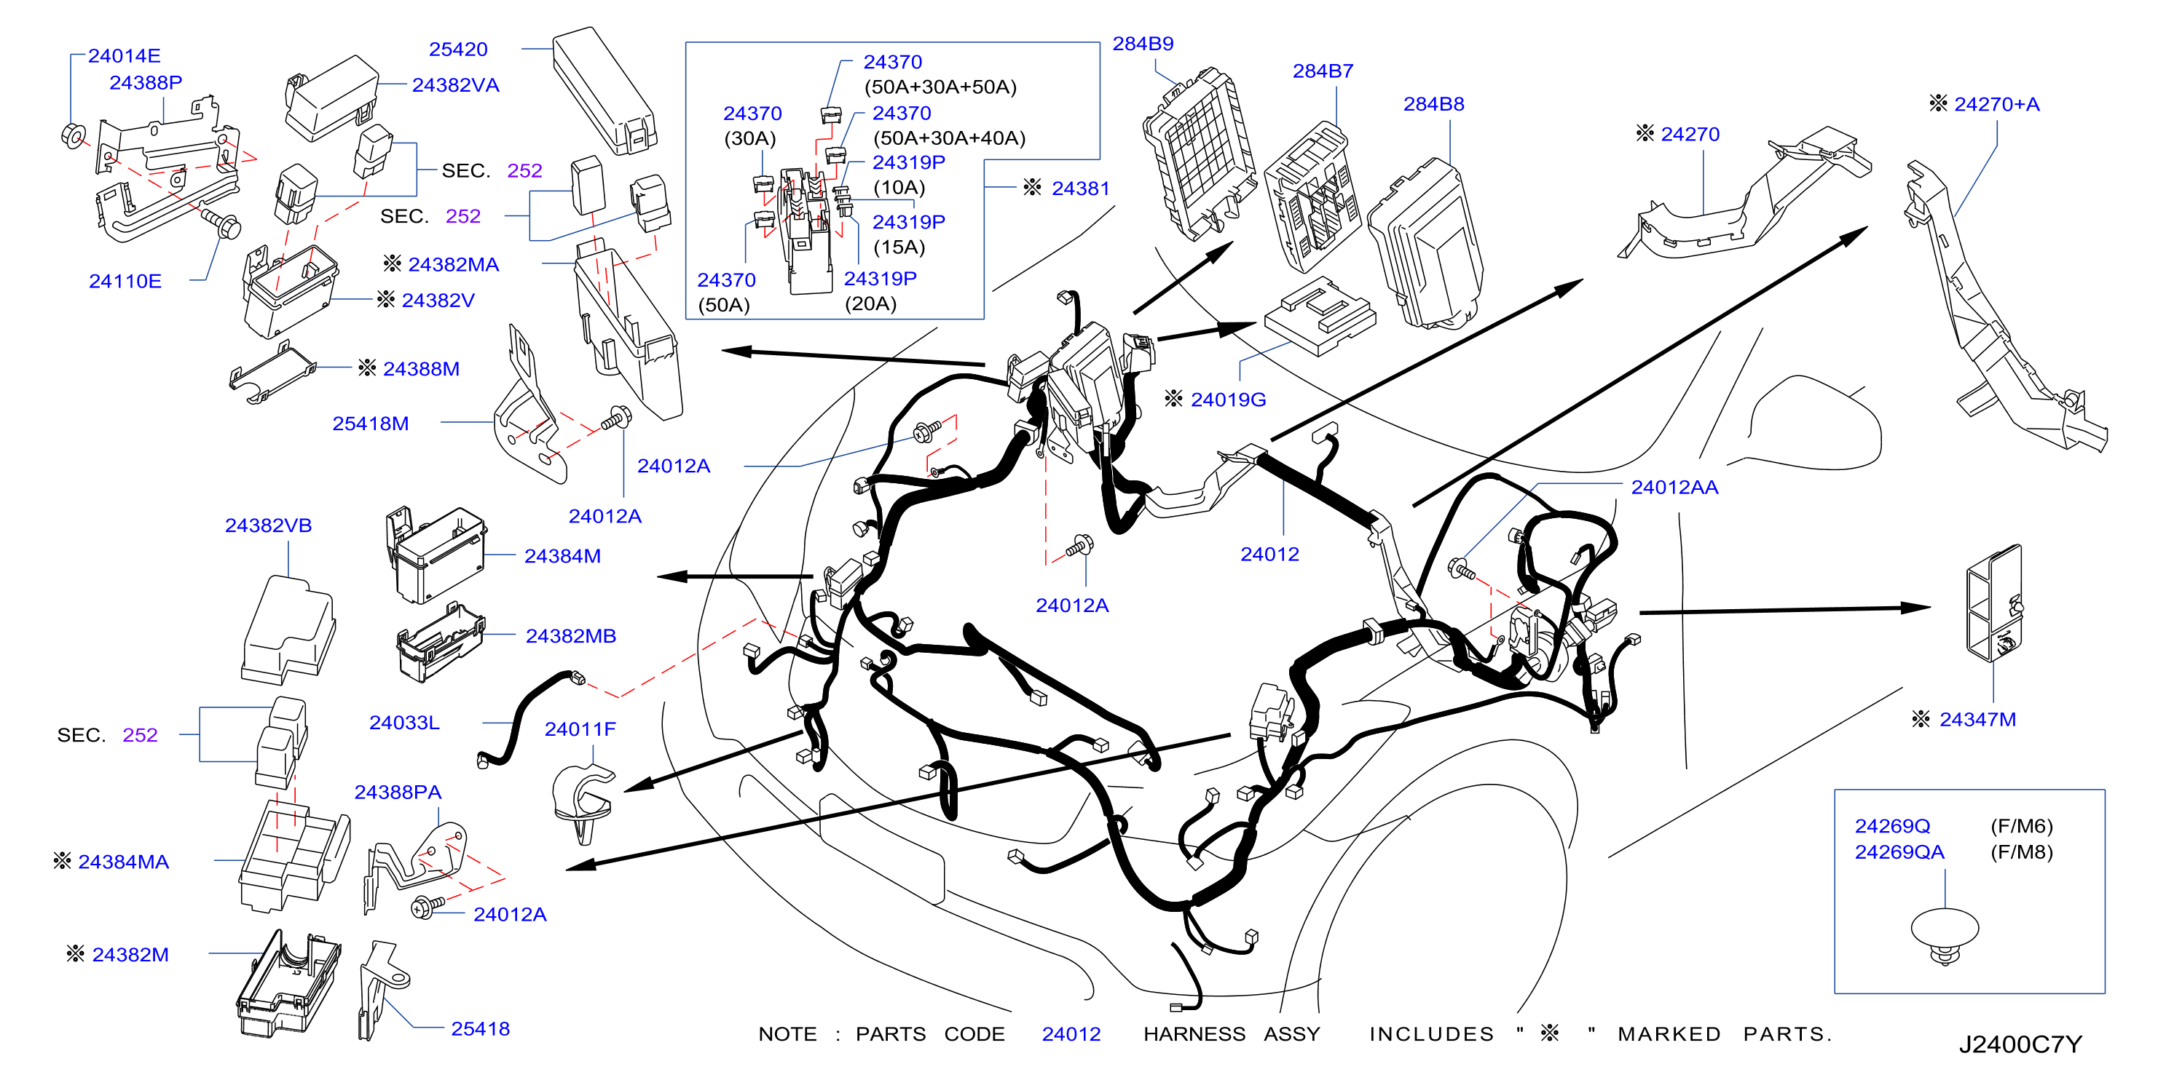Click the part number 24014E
pyautogui.click(x=124, y=55)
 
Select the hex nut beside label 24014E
pyautogui.click(x=73, y=135)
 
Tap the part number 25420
pyautogui.click(x=458, y=49)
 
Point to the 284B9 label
pyautogui.click(x=1143, y=43)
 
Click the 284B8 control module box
pyautogui.click(x=1425, y=244)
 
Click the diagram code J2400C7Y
pyautogui.click(x=2020, y=1044)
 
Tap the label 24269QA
pyautogui.click(x=1899, y=851)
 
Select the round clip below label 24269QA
pyautogui.click(x=1944, y=935)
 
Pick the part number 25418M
pyautogui.click(x=371, y=423)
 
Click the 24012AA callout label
pyautogui.click(x=1674, y=487)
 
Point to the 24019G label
pyautogui.click(x=1229, y=400)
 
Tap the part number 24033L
pyautogui.click(x=404, y=722)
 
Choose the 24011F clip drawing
pyautogui.click(x=583, y=802)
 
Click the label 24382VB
pyautogui.click(x=268, y=525)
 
